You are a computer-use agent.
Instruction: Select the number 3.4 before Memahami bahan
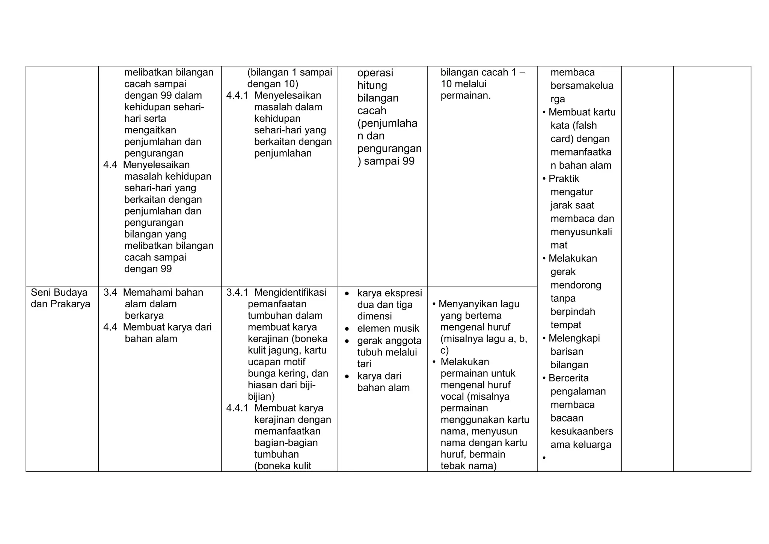(110, 292)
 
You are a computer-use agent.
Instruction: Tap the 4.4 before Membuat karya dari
(110, 327)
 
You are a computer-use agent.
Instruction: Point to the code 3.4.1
(237, 292)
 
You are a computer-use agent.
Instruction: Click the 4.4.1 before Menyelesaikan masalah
(237, 95)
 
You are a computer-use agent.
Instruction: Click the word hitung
(372, 85)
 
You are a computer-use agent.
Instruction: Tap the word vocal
(453, 397)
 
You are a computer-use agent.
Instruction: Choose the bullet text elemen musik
(388, 328)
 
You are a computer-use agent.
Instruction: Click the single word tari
(364, 364)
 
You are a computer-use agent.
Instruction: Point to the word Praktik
(564, 179)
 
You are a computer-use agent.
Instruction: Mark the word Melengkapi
(574, 338)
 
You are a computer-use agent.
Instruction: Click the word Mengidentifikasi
(290, 292)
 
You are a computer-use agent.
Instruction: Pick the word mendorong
(576, 285)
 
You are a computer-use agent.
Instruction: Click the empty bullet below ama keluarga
(544, 458)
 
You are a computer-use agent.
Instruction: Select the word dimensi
(374, 316)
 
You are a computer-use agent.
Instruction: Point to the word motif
(294, 362)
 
